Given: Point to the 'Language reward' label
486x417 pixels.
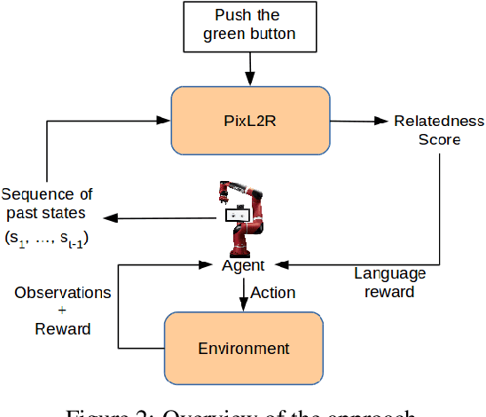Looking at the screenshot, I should click(391, 282).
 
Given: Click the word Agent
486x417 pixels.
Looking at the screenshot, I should click(244, 265).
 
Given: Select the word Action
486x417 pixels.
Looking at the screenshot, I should click(273, 292).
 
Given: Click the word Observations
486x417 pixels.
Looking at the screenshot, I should click(62, 292).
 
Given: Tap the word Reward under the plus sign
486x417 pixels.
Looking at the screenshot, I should click(62, 329).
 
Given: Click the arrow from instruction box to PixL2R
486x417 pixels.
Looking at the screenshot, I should click(250, 70).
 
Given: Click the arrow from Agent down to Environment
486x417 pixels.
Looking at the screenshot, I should click(243, 295).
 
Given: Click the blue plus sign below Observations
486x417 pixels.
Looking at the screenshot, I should click(62, 311).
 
